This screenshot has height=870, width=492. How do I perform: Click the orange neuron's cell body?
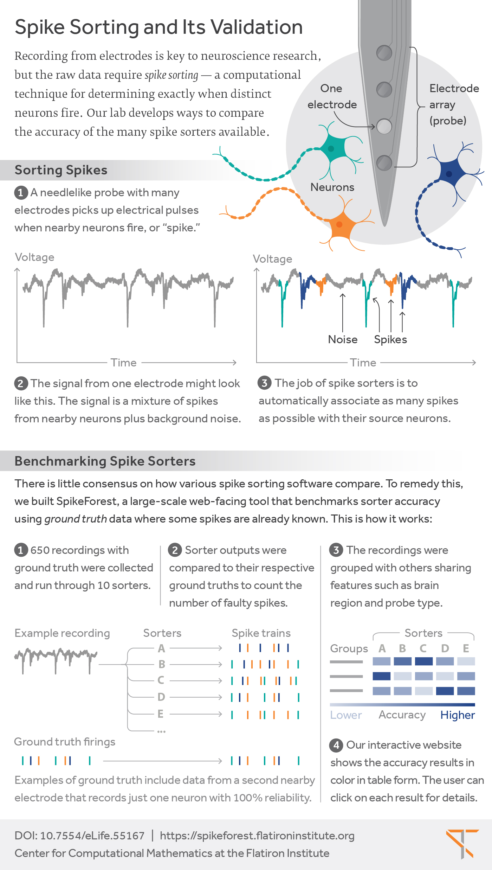click(x=340, y=225)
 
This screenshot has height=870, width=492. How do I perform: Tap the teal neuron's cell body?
click(x=331, y=148)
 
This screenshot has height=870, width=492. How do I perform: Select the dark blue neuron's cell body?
click(x=449, y=173)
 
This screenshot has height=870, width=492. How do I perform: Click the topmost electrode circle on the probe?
click(x=384, y=53)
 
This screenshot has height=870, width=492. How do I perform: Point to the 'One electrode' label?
click(x=332, y=96)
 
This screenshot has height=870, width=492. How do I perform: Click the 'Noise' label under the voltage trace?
click(x=343, y=339)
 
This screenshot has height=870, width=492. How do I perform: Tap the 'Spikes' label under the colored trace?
click(x=390, y=339)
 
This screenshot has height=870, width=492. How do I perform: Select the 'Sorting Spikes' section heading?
click(x=61, y=170)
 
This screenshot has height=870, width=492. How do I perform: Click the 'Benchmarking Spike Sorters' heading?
click(x=105, y=461)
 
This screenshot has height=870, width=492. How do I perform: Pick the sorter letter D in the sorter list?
click(x=161, y=697)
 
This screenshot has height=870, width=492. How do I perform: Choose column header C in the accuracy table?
click(x=423, y=648)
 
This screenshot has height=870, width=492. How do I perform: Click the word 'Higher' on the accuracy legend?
click(x=458, y=715)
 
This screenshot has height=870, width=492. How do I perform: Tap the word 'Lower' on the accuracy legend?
click(x=346, y=715)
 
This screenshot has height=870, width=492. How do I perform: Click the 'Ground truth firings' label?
click(x=65, y=742)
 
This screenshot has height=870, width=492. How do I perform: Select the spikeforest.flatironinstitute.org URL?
click(x=257, y=836)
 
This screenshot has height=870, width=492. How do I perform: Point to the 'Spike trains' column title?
click(x=261, y=633)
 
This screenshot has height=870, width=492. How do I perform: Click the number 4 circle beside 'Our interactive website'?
click(x=336, y=745)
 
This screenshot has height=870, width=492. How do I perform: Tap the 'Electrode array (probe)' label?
click(x=453, y=104)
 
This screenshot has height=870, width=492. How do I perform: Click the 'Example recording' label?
click(x=62, y=633)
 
